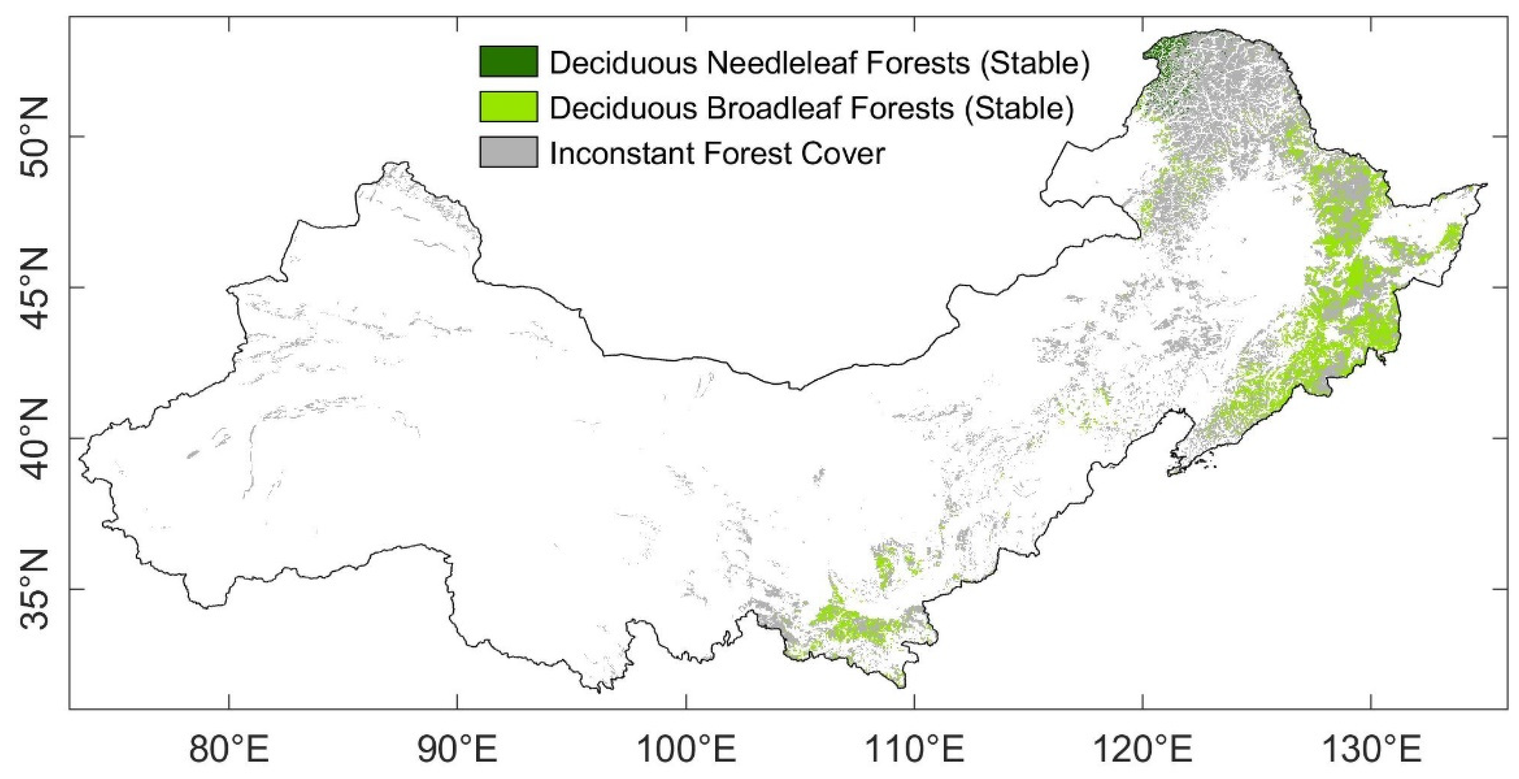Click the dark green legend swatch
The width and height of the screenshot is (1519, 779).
tap(508, 62)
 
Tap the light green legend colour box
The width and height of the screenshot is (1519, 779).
tap(508, 107)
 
